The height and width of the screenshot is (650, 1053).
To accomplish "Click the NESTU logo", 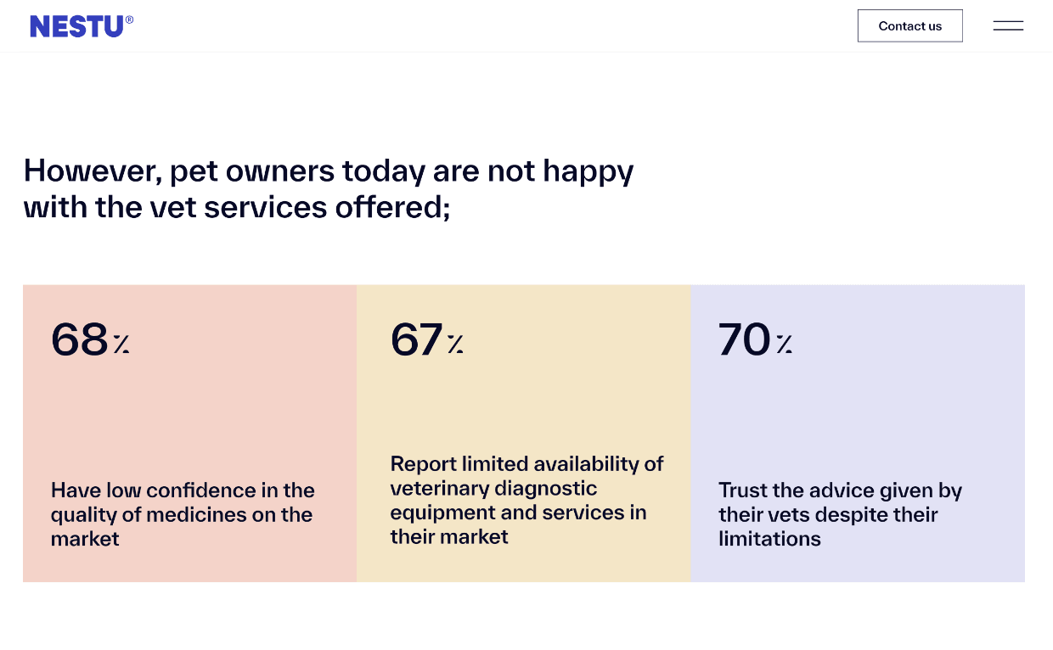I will click(x=76, y=26).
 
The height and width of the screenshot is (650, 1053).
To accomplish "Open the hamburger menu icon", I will click(x=1008, y=25).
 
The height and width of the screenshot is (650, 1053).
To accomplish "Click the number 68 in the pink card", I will click(x=79, y=339).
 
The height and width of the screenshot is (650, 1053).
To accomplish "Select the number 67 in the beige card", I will click(x=416, y=339).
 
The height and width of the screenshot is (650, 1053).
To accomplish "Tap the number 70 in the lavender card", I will click(x=744, y=339).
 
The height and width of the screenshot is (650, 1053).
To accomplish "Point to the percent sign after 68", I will click(x=121, y=344).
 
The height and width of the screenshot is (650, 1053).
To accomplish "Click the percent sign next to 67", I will click(x=456, y=344).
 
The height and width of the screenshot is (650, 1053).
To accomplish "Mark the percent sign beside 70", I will click(x=784, y=344).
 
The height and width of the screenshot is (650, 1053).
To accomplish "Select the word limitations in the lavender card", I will click(x=769, y=539).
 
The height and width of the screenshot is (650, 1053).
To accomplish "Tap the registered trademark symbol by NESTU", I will click(x=129, y=20).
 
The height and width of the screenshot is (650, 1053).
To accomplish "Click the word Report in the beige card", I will click(x=423, y=464).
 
